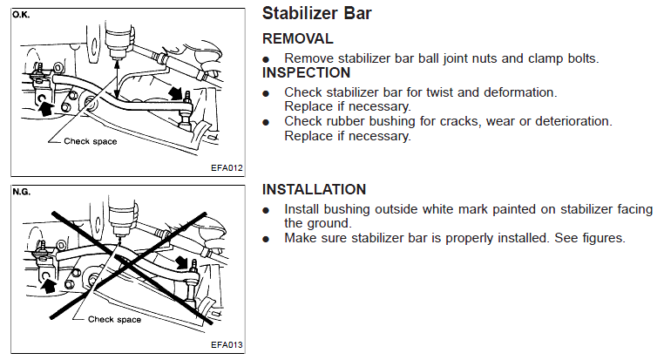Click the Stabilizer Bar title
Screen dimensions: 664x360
pos(317,13)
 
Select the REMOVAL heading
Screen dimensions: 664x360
pos(298,38)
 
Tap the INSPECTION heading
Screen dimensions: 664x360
pos(306,73)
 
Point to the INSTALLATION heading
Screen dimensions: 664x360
pos(315,189)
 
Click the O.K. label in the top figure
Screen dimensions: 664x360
pos(21,15)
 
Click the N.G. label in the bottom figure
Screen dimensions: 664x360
pos(21,193)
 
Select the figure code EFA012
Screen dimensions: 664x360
pos(227,167)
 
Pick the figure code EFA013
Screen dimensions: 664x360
pos(227,345)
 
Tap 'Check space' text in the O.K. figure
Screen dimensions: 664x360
pos(91,141)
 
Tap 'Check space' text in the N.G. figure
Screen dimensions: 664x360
pos(114,319)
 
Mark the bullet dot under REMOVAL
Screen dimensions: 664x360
pos(266,59)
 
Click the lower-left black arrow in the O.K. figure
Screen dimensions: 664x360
pos(45,107)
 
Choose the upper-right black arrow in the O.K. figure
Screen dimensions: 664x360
pos(176,93)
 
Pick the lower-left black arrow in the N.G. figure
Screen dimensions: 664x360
pos(49,285)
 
